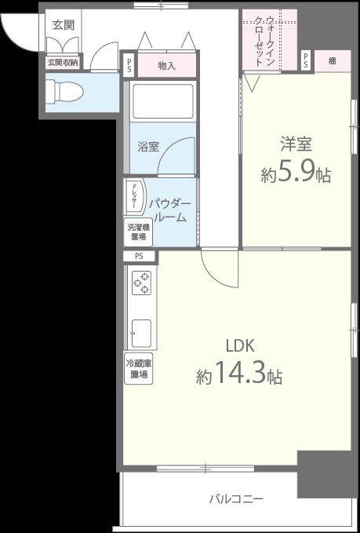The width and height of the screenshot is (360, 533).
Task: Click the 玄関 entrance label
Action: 64,25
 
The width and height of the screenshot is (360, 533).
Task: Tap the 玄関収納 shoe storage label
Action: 62,62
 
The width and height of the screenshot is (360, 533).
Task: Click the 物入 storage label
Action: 166,66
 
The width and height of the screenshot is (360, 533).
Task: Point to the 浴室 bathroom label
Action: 148,146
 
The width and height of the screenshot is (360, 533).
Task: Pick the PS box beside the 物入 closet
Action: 128,66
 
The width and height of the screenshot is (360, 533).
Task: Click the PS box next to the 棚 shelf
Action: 305,60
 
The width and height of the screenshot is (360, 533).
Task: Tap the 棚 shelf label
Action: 333,60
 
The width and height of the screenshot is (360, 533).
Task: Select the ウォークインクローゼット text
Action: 270,43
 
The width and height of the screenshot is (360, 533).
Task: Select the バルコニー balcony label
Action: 235,498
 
